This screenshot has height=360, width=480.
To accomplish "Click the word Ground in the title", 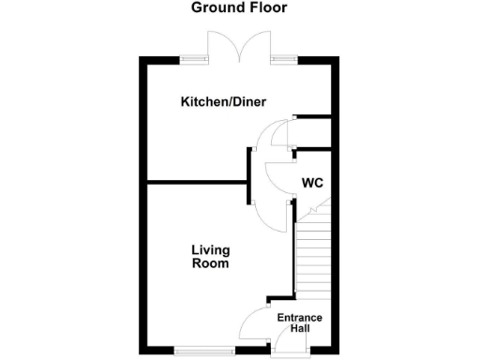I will click(215, 8).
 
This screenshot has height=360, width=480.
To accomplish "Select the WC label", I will click(312, 183).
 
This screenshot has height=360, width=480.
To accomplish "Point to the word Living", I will click(210, 250).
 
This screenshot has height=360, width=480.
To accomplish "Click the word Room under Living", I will click(210, 264).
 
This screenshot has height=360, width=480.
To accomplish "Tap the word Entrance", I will click(300, 318).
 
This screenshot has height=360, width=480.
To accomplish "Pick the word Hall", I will click(300, 329).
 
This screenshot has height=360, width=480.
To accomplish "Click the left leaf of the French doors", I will click(226, 45).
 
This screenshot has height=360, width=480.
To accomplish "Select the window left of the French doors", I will click(195, 60).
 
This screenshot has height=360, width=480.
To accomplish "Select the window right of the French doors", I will click(284, 60).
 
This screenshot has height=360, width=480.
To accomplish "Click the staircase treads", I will click(313, 253).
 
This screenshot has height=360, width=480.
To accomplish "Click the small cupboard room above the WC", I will click(313, 132).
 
